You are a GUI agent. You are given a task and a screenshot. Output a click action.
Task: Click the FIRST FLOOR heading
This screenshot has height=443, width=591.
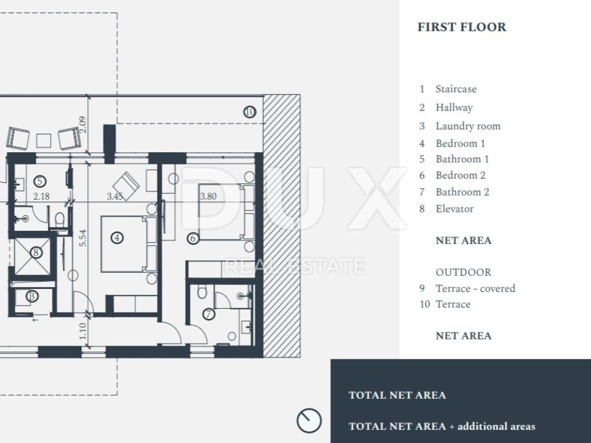(x=462, y=27)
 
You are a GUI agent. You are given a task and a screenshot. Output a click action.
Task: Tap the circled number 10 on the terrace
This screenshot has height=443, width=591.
(x=249, y=112)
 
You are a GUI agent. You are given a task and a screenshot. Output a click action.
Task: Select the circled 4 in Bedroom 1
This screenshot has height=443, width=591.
(x=117, y=238)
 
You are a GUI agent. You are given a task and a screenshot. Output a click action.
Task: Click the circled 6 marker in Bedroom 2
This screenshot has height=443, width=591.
(x=193, y=238)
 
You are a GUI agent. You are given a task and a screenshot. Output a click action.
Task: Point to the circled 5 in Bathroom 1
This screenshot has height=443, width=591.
(x=40, y=182)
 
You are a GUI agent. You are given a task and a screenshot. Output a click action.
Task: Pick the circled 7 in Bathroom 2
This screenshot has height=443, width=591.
(x=208, y=314)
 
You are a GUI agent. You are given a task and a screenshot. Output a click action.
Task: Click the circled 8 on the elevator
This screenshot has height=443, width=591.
(x=36, y=252)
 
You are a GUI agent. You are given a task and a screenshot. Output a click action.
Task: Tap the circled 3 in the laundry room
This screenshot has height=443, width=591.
(x=32, y=296)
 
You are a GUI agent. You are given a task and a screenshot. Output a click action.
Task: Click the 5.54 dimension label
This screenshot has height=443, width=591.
(x=83, y=238)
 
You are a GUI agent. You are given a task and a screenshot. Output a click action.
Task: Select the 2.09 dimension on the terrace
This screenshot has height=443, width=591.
(x=83, y=125)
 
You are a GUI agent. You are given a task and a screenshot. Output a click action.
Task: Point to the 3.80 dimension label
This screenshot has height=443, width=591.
(x=208, y=196)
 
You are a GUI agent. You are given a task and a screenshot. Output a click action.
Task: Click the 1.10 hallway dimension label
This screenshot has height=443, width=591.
(x=83, y=331)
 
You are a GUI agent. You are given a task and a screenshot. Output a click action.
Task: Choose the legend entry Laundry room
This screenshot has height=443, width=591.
(x=468, y=126)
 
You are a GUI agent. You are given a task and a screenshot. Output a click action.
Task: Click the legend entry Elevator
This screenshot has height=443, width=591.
(x=455, y=209)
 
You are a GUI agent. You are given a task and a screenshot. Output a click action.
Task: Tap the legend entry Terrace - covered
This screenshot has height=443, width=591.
(x=476, y=288)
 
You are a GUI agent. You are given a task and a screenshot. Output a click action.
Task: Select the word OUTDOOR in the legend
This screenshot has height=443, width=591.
(x=463, y=272)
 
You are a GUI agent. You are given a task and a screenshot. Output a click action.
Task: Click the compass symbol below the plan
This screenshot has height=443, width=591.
(x=309, y=421)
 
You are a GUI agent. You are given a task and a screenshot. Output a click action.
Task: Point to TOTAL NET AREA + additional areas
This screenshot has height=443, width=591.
(x=442, y=426)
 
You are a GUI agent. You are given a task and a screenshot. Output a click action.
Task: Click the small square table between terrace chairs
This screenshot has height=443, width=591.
(x=43, y=141)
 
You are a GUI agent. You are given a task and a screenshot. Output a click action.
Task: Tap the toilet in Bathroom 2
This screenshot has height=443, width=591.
(x=203, y=291)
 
